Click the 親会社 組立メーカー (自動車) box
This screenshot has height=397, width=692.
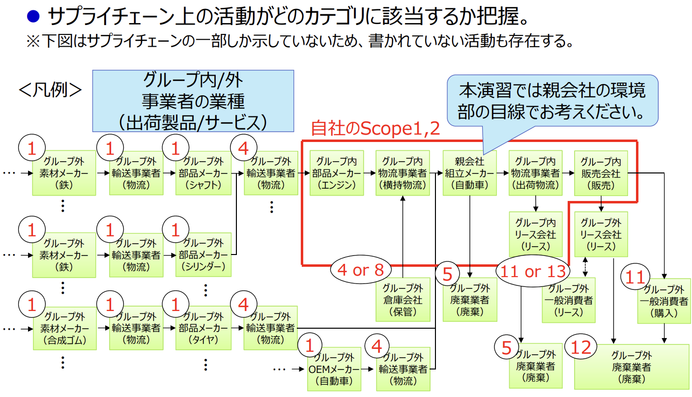[469, 173]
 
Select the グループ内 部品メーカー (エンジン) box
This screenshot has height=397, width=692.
[336, 173]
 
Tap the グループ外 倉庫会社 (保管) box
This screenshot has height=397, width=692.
[403, 300]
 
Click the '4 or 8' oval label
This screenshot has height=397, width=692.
[361, 270]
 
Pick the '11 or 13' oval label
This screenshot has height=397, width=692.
[532, 271]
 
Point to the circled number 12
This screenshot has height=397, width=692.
[581, 347]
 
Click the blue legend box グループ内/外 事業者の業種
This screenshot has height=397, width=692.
[193, 101]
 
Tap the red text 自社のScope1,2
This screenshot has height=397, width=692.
[375, 129]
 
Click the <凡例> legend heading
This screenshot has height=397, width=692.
[50, 90]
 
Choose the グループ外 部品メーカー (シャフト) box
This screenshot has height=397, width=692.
[203, 173]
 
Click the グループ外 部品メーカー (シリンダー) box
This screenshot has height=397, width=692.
[203, 255]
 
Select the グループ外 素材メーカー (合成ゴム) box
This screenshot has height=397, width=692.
[64, 328]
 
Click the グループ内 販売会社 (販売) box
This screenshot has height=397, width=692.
[601, 173]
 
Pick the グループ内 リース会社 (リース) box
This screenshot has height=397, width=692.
[535, 234]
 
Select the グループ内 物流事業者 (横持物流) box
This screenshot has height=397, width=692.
[403, 173]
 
